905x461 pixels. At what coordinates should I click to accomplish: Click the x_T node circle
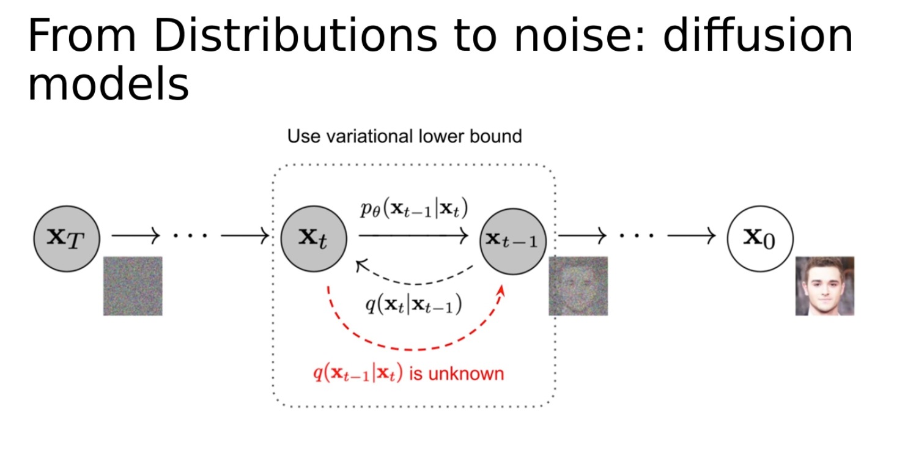(65, 238)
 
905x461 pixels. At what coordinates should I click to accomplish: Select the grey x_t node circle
(314, 238)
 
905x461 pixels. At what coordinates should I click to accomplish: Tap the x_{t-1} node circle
(512, 240)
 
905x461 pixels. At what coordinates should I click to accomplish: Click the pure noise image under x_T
(133, 286)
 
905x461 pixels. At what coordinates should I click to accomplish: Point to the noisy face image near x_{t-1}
(572, 286)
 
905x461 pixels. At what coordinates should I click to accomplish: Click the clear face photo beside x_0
(824, 286)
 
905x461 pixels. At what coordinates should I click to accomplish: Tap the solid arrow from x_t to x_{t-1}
(413, 235)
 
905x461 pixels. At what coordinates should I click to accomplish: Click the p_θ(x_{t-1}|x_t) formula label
(413, 210)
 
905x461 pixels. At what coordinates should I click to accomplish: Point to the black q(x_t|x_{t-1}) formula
(413, 304)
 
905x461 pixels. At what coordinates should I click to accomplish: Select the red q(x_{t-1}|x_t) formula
(358, 372)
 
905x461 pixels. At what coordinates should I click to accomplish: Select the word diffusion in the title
(758, 37)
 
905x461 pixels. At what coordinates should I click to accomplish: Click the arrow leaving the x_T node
(135, 235)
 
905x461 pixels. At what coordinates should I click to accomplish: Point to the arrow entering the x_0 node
(691, 235)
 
